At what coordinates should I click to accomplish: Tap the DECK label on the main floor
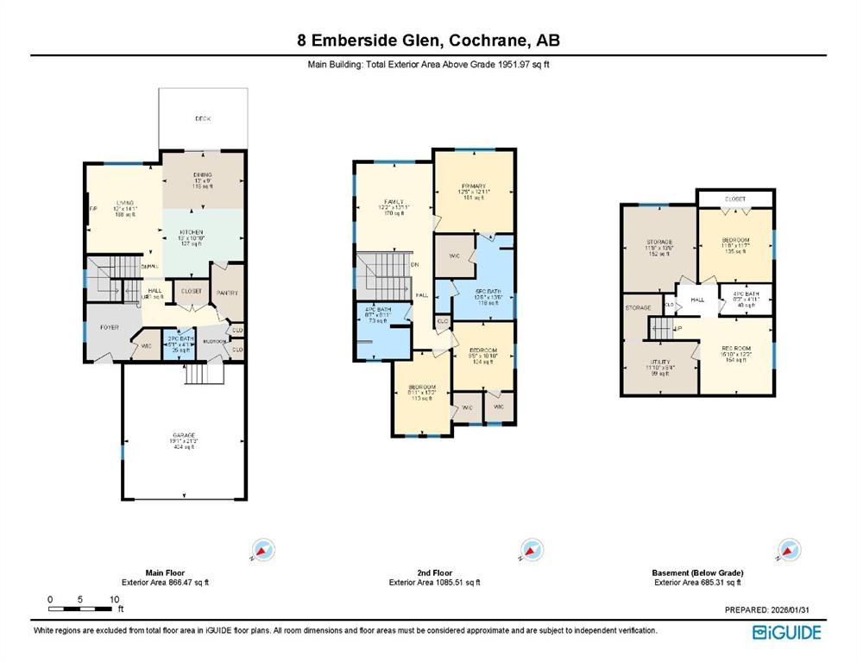pos(203,118)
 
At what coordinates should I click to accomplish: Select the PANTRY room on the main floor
pos(228,293)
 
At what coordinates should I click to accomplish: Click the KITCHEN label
pos(191,232)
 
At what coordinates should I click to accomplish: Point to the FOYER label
pos(109,327)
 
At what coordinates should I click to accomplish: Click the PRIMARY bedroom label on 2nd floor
pos(473,186)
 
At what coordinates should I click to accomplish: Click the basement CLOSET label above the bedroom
pos(734,199)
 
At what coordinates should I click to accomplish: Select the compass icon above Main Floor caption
pos(262,549)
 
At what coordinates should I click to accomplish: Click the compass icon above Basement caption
pos(788,549)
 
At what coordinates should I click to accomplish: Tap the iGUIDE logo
pos(786,633)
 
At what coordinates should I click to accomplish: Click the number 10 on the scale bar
pos(113,599)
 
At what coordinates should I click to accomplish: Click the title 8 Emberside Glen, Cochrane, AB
pos(428,41)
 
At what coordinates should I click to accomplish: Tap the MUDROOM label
pos(214,341)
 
